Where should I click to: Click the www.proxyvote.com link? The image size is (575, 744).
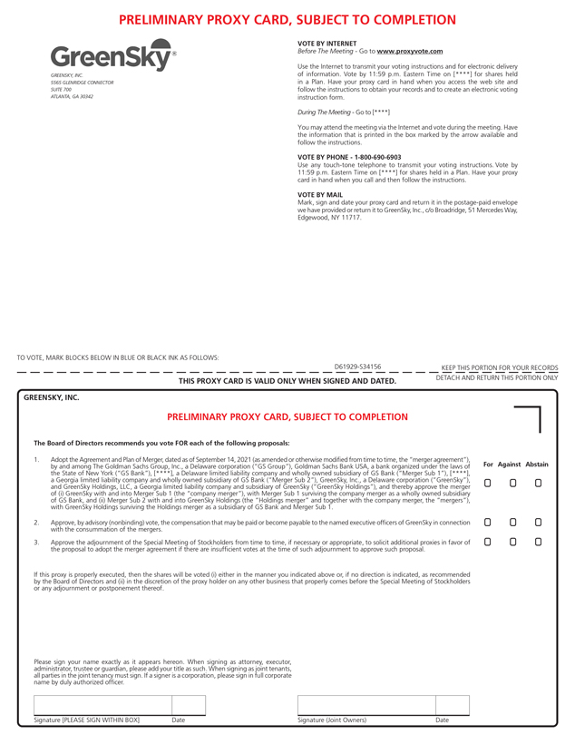(410, 52)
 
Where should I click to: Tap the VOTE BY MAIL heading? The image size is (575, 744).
(320, 194)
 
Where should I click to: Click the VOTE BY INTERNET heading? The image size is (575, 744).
(327, 44)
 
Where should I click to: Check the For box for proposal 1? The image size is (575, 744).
(488, 483)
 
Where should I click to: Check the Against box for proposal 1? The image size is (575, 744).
(512, 483)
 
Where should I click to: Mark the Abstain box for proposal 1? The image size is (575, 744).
(538, 483)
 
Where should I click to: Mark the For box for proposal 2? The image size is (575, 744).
(488, 523)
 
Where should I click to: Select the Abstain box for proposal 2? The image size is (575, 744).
(538, 523)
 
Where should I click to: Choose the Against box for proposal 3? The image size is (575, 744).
(512, 542)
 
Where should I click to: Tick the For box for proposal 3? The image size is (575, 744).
(488, 542)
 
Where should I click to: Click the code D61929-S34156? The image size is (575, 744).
(357, 367)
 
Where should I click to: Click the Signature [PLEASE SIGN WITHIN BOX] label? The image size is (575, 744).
(87, 720)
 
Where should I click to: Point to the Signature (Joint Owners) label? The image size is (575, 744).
(332, 720)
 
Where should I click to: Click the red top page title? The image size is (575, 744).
(287, 18)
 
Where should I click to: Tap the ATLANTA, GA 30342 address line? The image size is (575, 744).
(72, 96)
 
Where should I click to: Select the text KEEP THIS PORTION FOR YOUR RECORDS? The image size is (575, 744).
(499, 367)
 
